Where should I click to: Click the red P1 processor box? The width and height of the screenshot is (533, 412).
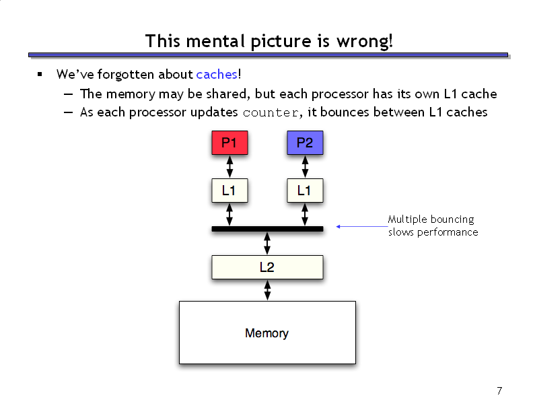[229, 143]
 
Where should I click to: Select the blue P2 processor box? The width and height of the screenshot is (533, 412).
[305, 143]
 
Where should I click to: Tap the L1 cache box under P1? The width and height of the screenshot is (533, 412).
[229, 191]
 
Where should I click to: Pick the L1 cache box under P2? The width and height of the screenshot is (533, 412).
[305, 191]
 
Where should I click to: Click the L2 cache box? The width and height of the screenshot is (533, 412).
[267, 267]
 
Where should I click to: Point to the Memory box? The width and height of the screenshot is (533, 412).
[267, 333]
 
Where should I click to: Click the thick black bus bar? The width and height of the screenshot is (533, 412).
[267, 229]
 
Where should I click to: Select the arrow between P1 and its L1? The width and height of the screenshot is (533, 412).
[229, 166]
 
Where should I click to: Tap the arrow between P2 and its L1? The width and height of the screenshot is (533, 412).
[305, 166]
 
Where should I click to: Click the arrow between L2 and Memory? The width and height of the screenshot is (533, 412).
[268, 290]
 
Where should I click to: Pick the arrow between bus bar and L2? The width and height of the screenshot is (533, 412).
[267, 244]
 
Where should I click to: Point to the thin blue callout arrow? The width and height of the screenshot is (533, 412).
[361, 226]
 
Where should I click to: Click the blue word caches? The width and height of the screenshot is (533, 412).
[217, 75]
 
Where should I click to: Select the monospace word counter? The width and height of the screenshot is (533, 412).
[271, 113]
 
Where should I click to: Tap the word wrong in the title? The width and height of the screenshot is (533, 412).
[365, 42]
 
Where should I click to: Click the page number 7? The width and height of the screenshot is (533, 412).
[499, 391]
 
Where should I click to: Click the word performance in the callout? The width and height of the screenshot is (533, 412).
[448, 232]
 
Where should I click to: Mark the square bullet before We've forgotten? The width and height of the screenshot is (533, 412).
[40, 74]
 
